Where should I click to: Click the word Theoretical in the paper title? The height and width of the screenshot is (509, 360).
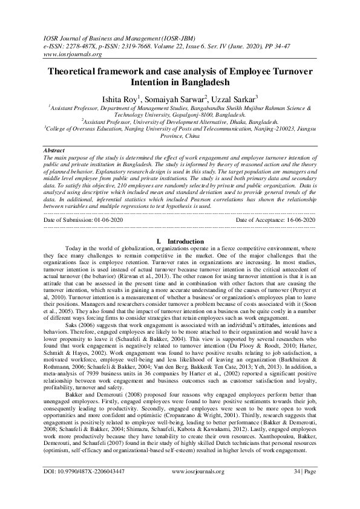82,71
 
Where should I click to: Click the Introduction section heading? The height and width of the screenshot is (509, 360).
185,241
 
